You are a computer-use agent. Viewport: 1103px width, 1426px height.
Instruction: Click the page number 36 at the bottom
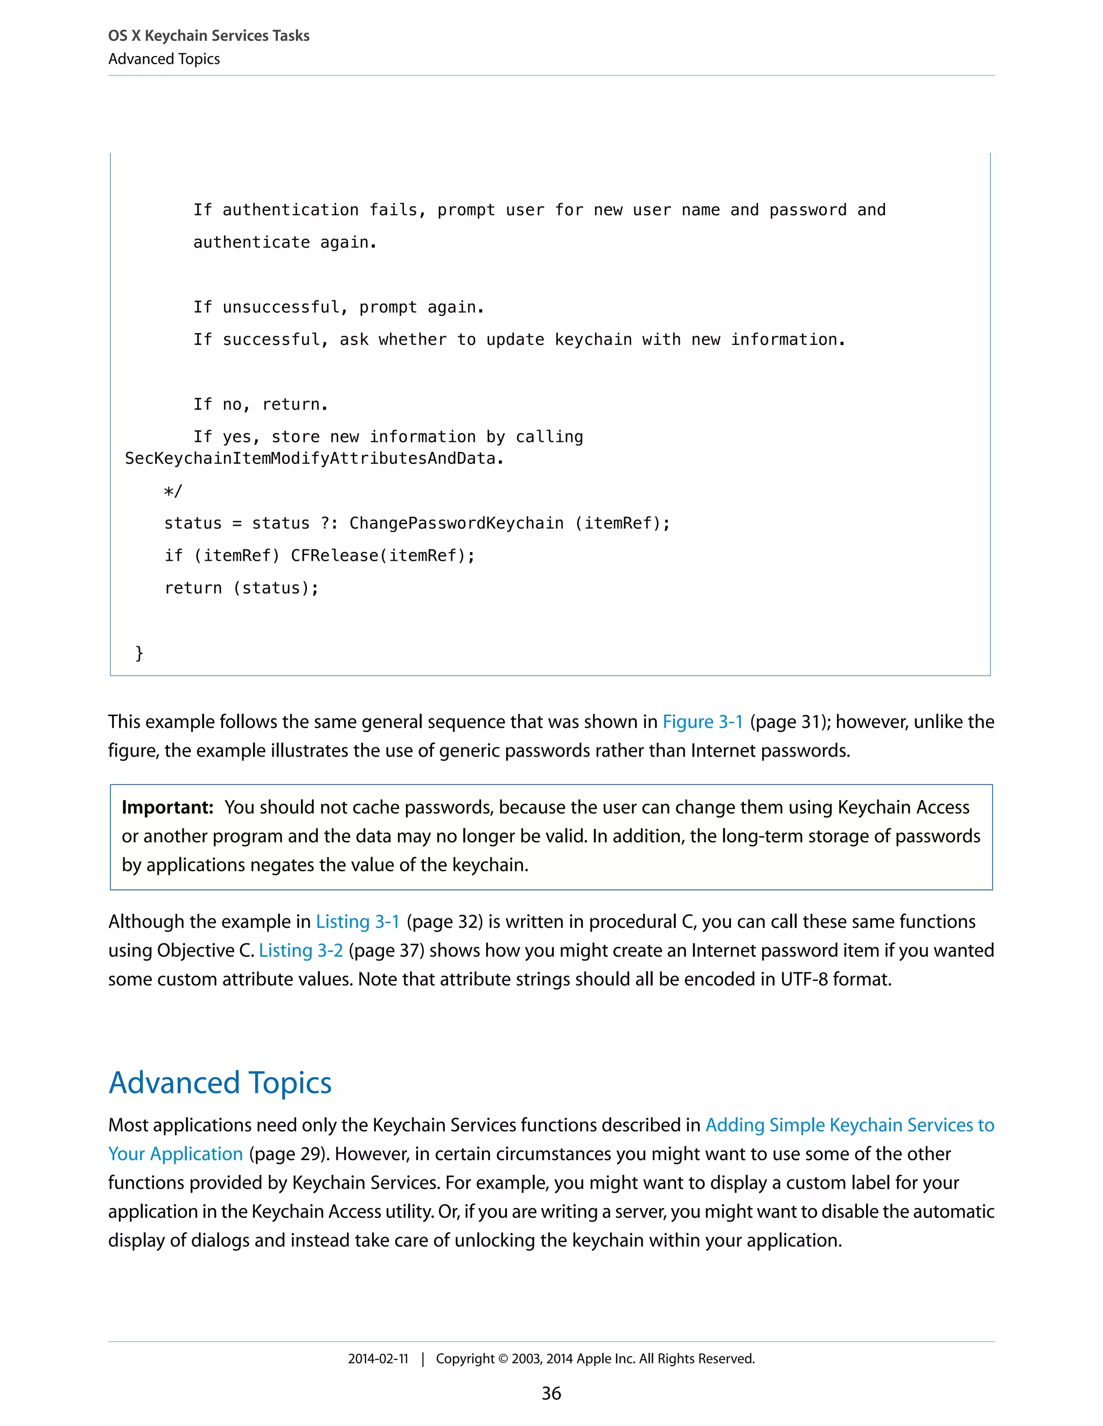(551, 1393)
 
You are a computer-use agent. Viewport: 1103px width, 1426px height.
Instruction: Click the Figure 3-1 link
(702, 722)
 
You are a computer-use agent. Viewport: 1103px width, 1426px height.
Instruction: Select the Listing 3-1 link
(358, 921)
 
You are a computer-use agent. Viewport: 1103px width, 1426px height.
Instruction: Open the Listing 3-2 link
(301, 950)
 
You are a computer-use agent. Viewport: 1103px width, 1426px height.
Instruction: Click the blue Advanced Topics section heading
(220, 1083)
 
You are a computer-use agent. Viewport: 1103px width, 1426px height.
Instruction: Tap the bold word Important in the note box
(167, 808)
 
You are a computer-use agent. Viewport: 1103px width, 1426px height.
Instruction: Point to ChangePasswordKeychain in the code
(456, 523)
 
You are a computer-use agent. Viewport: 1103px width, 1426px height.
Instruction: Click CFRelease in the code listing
(334, 556)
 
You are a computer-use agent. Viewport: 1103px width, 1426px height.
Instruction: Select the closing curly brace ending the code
(139, 653)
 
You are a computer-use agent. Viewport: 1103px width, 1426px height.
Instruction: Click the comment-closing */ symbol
(173, 491)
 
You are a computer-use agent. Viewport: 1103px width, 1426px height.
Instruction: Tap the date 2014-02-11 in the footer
(378, 1359)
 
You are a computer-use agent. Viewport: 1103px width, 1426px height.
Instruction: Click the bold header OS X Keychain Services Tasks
(208, 36)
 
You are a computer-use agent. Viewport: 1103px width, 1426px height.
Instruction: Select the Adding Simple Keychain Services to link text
(849, 1125)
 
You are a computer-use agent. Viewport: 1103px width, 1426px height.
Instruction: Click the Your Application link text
(175, 1154)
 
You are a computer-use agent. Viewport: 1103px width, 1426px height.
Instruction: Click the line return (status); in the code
(241, 588)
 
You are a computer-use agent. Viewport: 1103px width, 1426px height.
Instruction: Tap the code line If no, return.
(260, 404)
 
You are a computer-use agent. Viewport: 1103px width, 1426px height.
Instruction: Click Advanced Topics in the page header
(164, 59)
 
